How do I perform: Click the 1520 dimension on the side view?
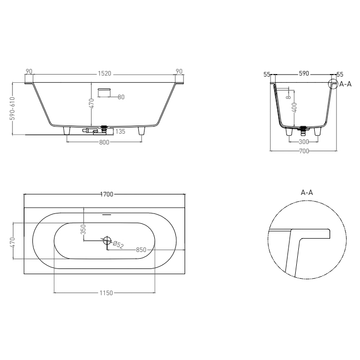pos(104,74)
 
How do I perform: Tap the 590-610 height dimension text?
pos(12,109)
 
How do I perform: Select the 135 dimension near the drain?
pos(120,132)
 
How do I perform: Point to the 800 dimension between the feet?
pos(104,142)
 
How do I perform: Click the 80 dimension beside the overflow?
pos(121,97)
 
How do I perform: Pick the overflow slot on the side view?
pos(104,89)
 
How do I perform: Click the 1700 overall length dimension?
pos(107,194)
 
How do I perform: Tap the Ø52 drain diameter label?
pos(118,245)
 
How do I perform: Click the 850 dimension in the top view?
pos(141,249)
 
